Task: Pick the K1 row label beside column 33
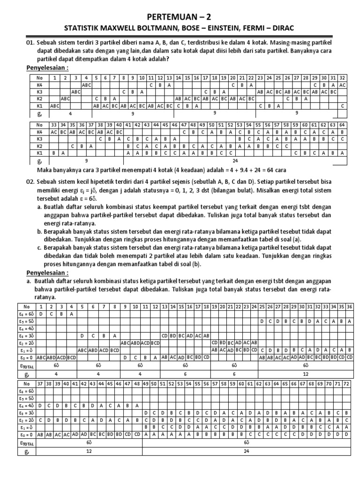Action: [x=39, y=152]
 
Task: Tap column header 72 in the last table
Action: [x=346, y=383]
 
